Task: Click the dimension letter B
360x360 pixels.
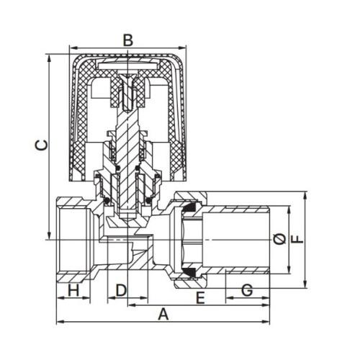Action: (128, 40)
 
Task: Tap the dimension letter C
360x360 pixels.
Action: (42, 145)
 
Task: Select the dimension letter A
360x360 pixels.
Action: (163, 315)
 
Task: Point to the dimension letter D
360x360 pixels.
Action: (121, 290)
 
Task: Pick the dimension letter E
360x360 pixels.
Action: (200, 298)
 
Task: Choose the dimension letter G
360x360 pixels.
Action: (247, 290)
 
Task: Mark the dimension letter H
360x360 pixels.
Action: (73, 290)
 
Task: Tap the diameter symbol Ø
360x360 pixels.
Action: (279, 239)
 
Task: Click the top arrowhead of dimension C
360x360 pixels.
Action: (49, 58)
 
